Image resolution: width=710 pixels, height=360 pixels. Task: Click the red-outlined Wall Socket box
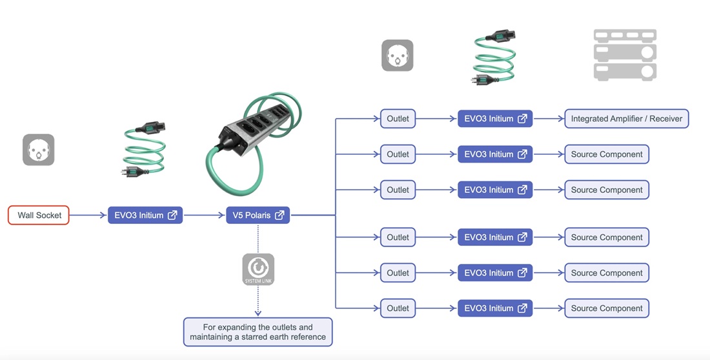[39, 215]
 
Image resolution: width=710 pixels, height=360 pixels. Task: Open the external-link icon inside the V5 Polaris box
[279, 215]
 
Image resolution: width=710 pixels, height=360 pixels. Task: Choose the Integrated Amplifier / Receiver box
[627, 119]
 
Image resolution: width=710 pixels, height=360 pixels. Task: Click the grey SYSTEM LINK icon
[258, 269]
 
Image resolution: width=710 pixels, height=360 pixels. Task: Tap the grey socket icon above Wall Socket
[39, 150]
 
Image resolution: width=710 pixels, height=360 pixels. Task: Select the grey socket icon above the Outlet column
[398, 55]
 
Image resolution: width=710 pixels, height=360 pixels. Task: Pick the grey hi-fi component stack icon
[625, 55]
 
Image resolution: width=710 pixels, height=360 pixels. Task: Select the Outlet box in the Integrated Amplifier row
[398, 119]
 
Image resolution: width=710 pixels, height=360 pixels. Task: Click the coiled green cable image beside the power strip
[144, 151]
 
